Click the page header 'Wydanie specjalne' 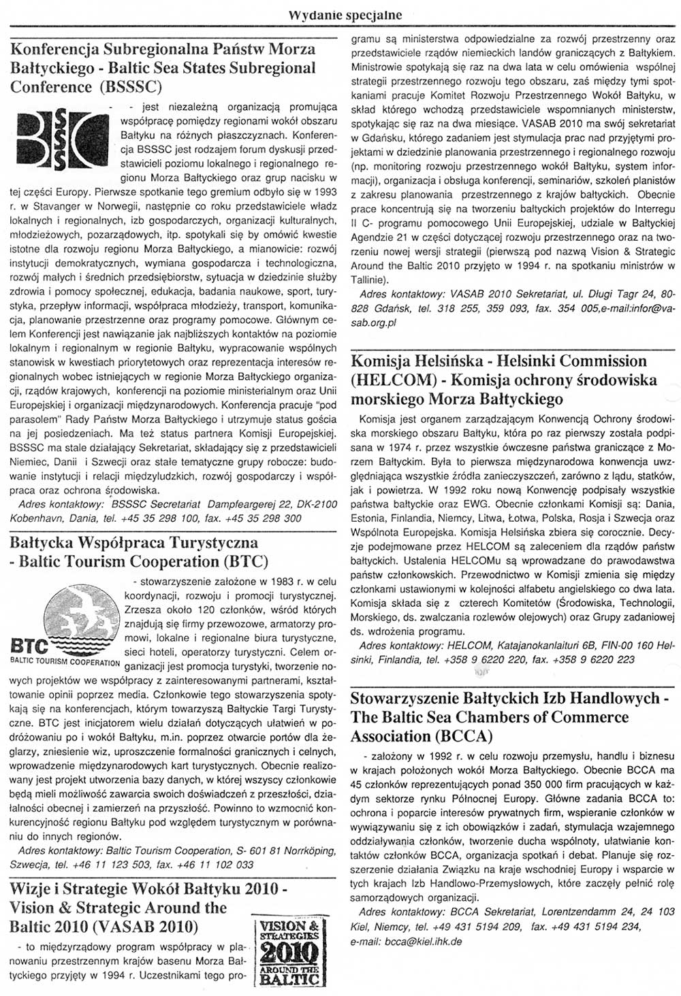click(345, 14)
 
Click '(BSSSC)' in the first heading click(130, 87)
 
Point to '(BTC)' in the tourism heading click(245, 562)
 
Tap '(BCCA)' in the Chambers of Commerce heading click(462, 736)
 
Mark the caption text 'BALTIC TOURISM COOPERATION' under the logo click(65, 662)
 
